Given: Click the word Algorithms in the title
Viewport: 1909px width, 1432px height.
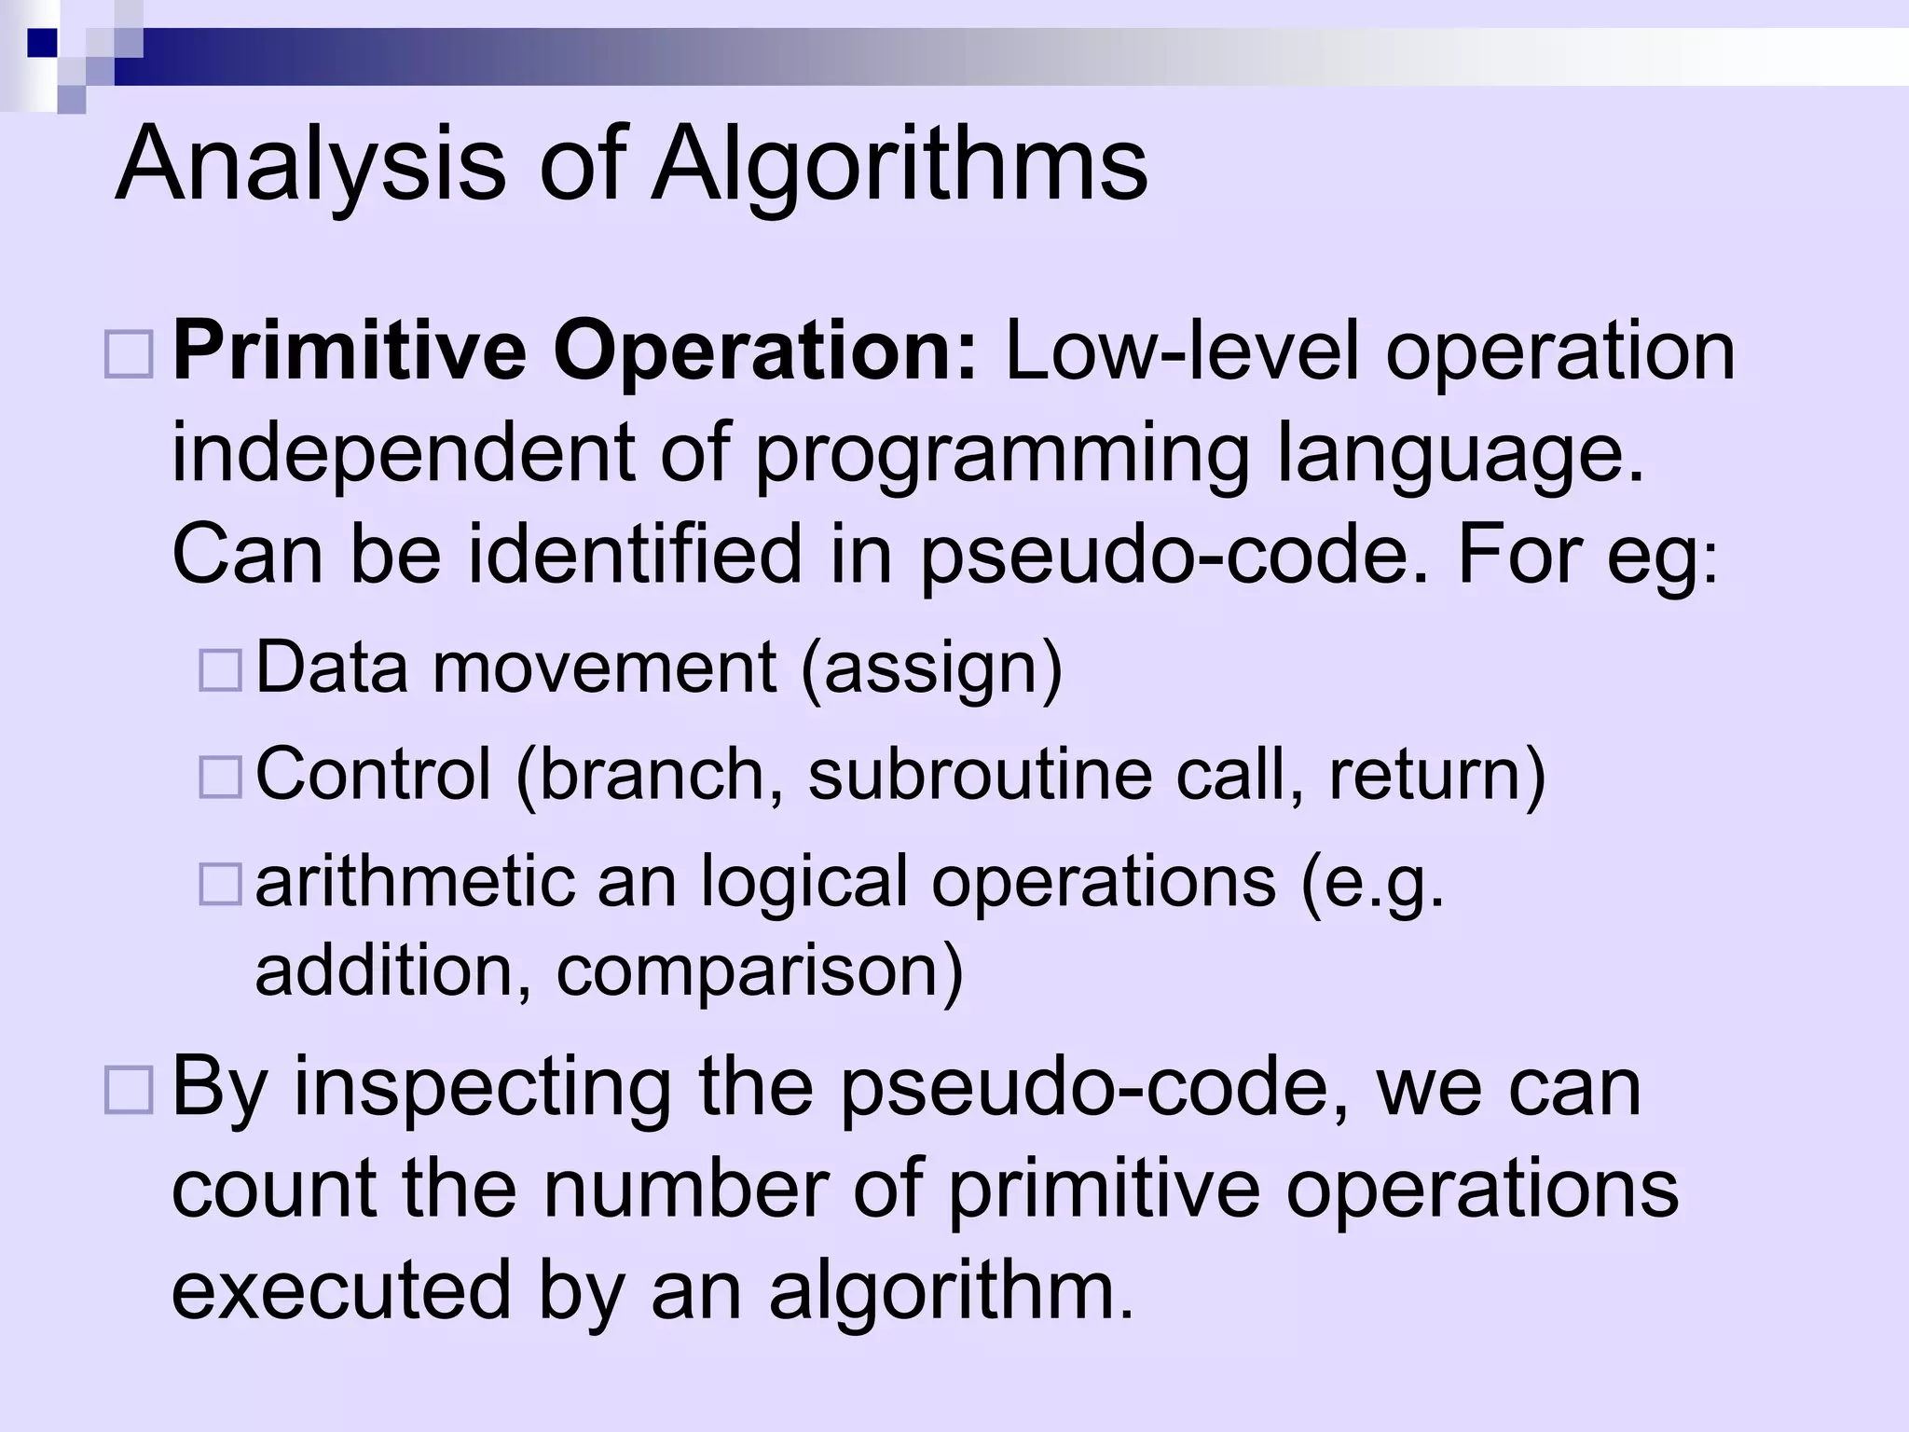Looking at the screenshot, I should tap(900, 166).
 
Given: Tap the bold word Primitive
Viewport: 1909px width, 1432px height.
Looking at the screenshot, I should tap(350, 352).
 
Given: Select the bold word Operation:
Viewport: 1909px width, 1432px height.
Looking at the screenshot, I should tap(764, 352).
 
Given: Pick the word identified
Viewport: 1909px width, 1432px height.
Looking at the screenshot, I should tap(635, 555).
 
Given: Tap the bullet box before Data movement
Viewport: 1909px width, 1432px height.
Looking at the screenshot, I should tap(221, 669).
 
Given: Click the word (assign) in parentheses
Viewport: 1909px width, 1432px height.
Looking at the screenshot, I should tap(931, 668).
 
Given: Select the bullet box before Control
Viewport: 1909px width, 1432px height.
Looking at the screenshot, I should tap(221, 776).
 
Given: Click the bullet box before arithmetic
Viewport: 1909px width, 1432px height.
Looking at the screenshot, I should tap(221, 883).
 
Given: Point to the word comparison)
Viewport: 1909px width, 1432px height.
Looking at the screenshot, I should tap(760, 971).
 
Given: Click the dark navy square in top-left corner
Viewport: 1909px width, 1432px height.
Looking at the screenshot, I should tap(42, 43).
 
